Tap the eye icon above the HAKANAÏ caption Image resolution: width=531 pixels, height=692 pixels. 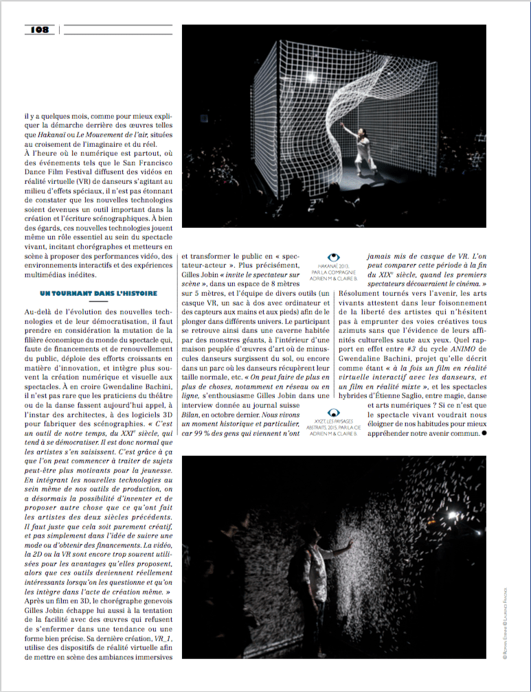pyautogui.click(x=334, y=257)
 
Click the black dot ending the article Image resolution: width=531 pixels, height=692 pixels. pyautogui.click(x=484, y=433)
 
